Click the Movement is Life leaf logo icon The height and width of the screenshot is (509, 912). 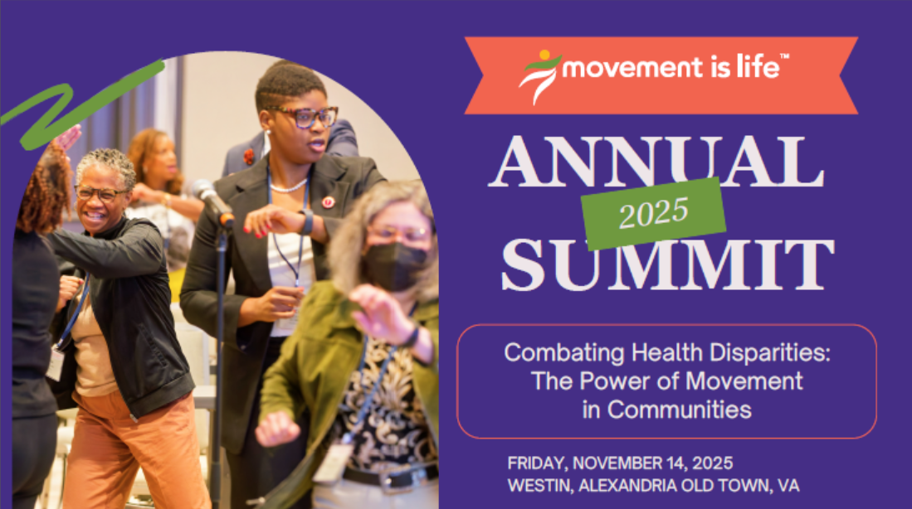[539, 76]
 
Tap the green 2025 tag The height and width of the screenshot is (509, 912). [653, 213]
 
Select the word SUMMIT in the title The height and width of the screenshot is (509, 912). [668, 265]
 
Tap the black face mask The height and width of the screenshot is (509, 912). [396, 265]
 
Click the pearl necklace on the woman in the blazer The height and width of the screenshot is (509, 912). [289, 187]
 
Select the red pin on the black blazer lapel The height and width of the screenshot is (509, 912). [328, 201]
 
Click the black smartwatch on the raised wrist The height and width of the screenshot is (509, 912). [306, 221]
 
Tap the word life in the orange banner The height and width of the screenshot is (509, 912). [758, 66]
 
